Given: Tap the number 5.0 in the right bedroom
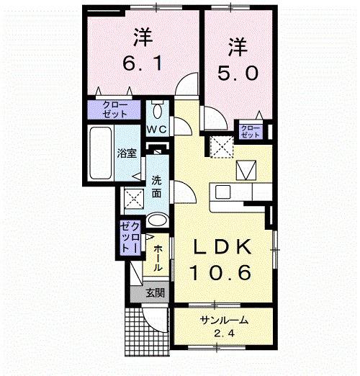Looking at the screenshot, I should tap(238, 72).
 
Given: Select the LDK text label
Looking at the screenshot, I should tap(222, 247).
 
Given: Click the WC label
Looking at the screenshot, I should tap(158, 130).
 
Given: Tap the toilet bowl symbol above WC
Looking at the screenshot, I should tap(158, 111).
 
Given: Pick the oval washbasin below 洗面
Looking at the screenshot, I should tap(158, 220).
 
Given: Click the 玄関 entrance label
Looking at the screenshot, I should tap(154, 292).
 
